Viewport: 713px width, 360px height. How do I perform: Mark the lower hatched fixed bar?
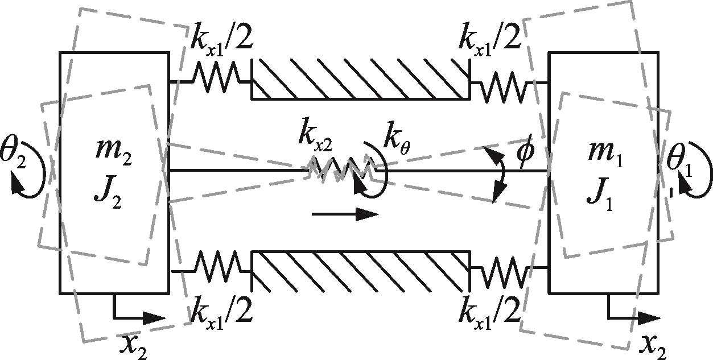tap(361, 271)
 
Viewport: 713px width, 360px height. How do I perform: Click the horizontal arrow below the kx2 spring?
tap(345, 214)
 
